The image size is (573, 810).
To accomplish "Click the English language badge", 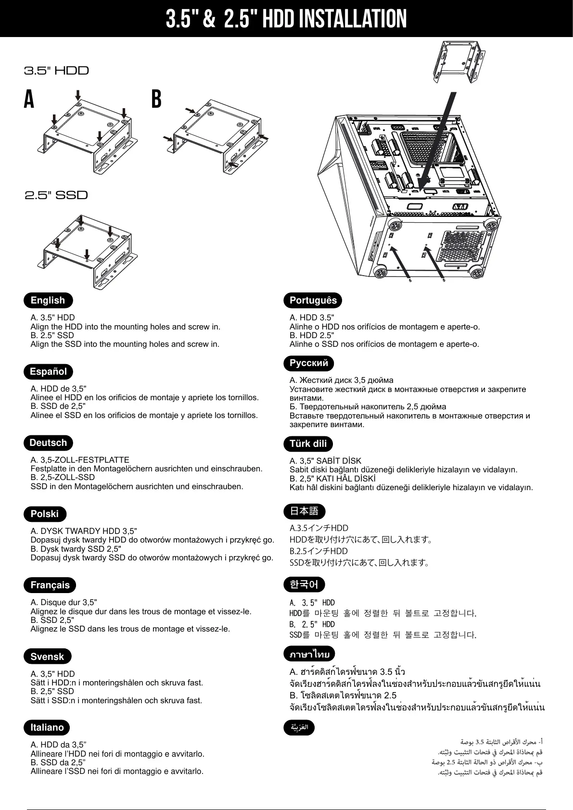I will tap(48, 301).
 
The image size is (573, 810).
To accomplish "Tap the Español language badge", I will tap(48, 371).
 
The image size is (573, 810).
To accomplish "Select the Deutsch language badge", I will tap(48, 443).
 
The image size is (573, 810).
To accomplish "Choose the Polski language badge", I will tap(45, 514).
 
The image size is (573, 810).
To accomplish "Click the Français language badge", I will tap(50, 585).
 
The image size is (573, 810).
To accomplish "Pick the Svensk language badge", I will tap(47, 657).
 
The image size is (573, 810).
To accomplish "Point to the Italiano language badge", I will tap(47, 727).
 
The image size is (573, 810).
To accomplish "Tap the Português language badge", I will tap(313, 301).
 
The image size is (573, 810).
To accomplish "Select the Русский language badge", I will tap(309, 363).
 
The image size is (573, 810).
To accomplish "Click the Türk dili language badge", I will tap(308, 443).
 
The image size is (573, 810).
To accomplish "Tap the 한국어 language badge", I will tap(304, 584).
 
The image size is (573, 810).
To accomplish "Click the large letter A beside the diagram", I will tap(29, 100).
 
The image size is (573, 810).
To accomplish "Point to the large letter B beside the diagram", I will tap(156, 100).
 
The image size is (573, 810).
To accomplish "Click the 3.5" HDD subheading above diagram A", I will tap(57, 71).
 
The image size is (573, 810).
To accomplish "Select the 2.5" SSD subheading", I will tap(57, 195).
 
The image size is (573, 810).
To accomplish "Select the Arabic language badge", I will tap(299, 727).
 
